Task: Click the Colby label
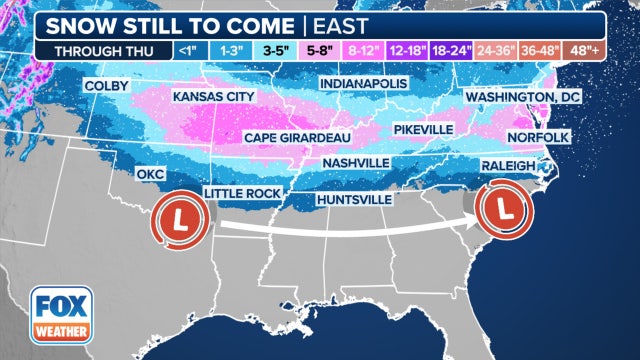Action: pos(107,86)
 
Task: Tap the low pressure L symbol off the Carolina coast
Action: pos(504,210)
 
